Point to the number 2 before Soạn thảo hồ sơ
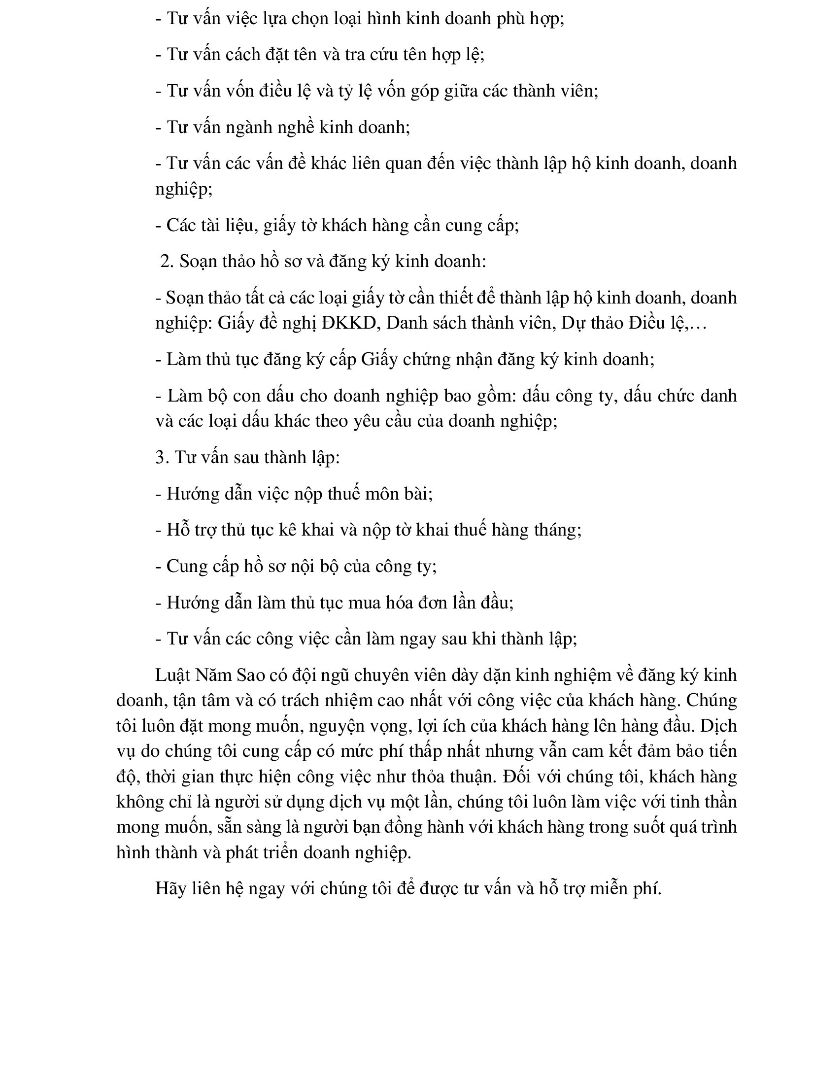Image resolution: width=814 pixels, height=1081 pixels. (166, 261)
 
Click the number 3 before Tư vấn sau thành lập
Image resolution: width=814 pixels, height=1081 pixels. (161, 457)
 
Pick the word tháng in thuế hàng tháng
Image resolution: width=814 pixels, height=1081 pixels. (556, 530)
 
